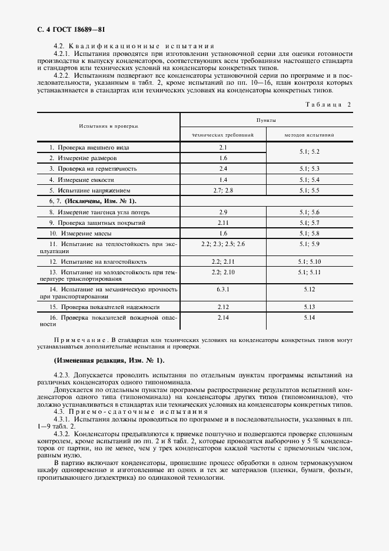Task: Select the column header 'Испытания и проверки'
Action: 109,126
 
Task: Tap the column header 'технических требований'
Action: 223,135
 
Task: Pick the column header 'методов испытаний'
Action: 310,135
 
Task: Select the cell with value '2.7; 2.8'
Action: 223,191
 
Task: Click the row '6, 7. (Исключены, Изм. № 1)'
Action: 88,201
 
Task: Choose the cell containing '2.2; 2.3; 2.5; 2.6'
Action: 223,243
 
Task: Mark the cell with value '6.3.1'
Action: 223,290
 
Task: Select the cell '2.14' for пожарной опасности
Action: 223,318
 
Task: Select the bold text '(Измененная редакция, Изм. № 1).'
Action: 109,360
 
